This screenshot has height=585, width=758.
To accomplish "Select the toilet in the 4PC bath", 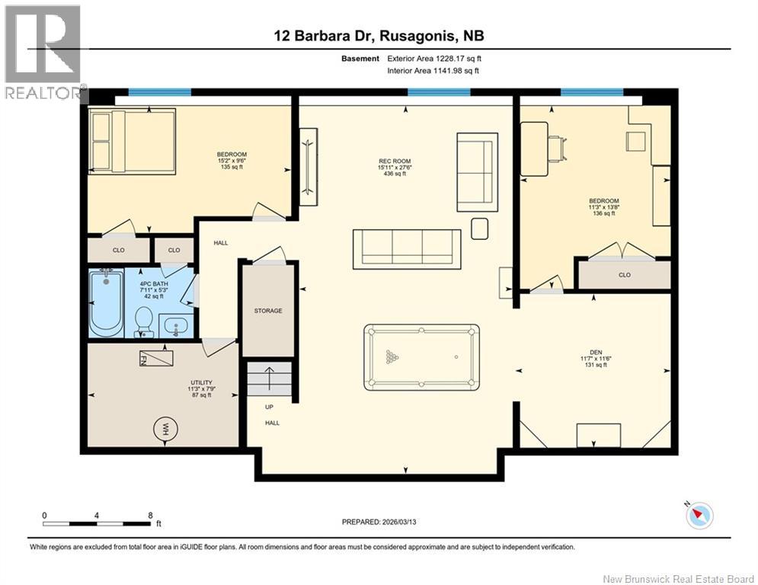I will pyautogui.click(x=143, y=321).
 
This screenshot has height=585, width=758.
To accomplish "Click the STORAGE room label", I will pyautogui.click(x=268, y=311).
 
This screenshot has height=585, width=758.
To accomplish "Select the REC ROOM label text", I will pyautogui.click(x=395, y=161).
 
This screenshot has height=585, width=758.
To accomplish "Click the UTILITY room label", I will pyautogui.click(x=201, y=383).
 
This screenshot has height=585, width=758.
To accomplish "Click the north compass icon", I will pyautogui.click(x=699, y=515).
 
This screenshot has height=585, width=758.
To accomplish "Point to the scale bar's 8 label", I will pyautogui.click(x=150, y=515).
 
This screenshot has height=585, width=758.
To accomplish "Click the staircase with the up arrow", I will pyautogui.click(x=270, y=378).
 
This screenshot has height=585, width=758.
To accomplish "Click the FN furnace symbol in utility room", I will pyautogui.click(x=155, y=357).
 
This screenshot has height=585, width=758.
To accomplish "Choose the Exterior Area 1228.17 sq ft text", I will pyautogui.click(x=434, y=58).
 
